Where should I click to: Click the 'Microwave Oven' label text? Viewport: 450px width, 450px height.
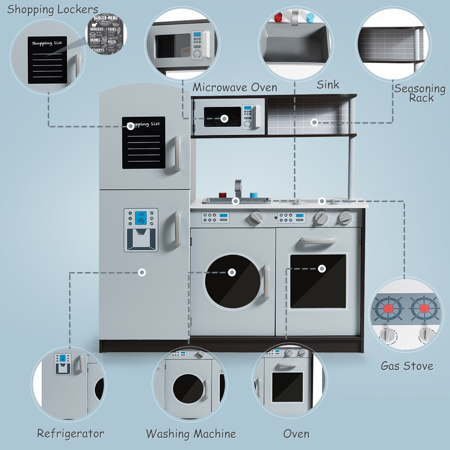[235, 88]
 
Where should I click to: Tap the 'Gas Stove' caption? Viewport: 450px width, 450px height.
[407, 366]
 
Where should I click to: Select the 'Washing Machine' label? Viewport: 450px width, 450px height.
[191, 434]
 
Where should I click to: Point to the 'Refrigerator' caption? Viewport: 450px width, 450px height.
[70, 433]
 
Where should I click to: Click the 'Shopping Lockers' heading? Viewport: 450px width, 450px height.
[52, 10]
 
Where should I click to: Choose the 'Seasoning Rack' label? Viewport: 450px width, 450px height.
[420, 93]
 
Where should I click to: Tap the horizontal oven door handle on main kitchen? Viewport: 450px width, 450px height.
[318, 241]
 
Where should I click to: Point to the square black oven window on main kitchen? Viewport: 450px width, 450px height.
[318, 281]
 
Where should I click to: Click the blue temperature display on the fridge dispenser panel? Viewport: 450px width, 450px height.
[141, 218]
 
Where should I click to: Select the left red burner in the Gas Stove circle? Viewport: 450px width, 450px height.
[388, 308]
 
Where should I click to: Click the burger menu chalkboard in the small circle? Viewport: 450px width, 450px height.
[106, 34]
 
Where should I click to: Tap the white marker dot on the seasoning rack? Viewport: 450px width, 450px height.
[314, 122]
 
